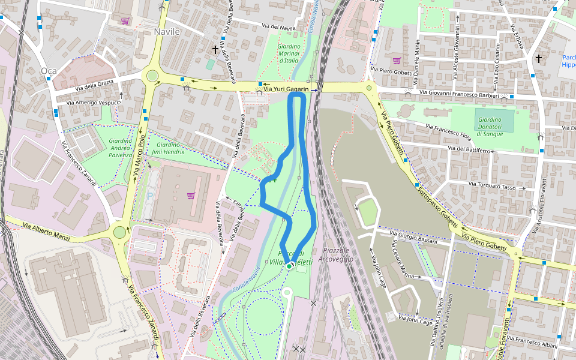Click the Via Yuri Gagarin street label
286,89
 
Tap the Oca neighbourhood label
48,71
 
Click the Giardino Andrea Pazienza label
121,148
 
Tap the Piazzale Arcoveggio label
335,254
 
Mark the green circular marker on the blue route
289,265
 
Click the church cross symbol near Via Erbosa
539,58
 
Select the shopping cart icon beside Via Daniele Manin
397,60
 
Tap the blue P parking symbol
150,196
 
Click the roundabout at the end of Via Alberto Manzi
120,231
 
